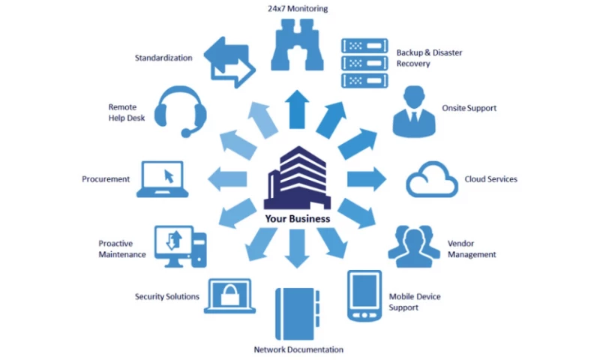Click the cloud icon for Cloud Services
click(x=432, y=180)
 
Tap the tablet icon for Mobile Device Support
click(x=364, y=295)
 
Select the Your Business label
click(x=297, y=219)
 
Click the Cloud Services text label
click(x=490, y=179)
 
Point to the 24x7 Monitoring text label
click(x=298, y=9)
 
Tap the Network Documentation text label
click(x=298, y=349)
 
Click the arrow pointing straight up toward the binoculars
click(x=298, y=109)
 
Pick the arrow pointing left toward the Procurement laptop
click(x=228, y=178)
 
